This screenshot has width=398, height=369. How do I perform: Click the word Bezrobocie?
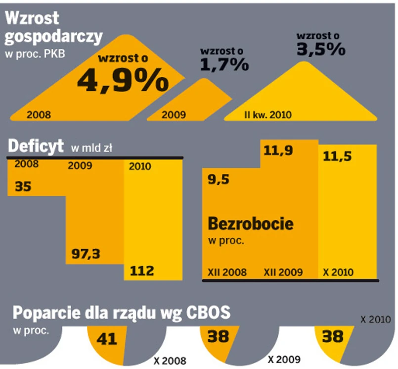coord(251,223)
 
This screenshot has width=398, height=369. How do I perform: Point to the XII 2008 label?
coord(228,272)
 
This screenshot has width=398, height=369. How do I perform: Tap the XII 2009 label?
coord(283,272)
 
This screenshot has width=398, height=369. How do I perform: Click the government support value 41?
coord(108,339)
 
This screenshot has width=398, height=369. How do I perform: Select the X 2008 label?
coord(169,361)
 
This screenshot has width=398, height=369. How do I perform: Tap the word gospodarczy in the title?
coord(53,36)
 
